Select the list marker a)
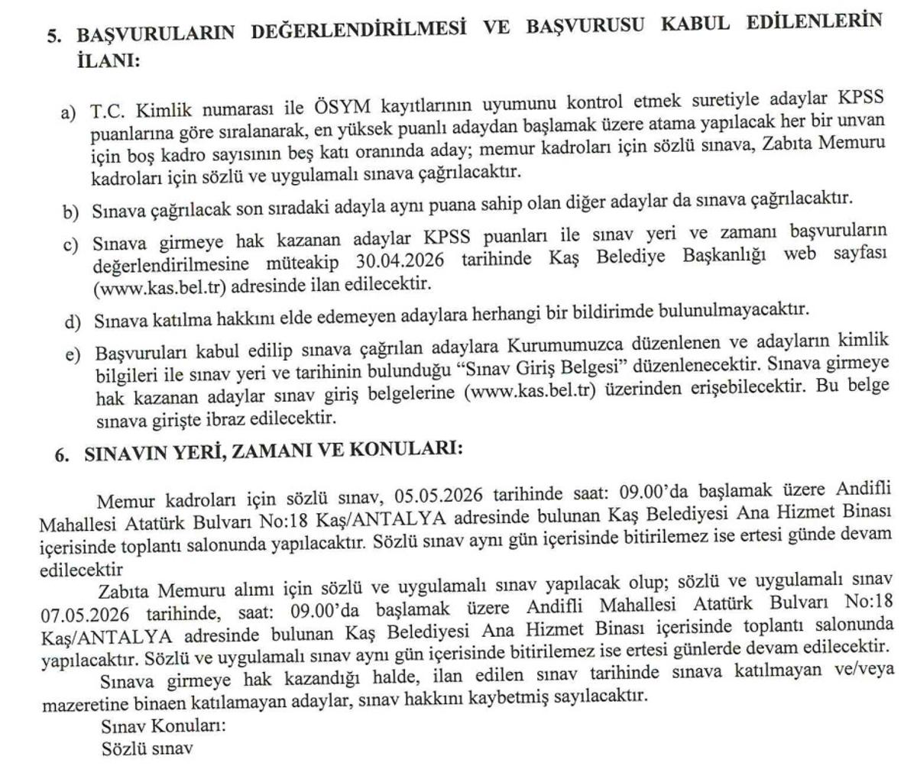[69, 113]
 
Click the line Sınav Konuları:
[164, 725]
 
